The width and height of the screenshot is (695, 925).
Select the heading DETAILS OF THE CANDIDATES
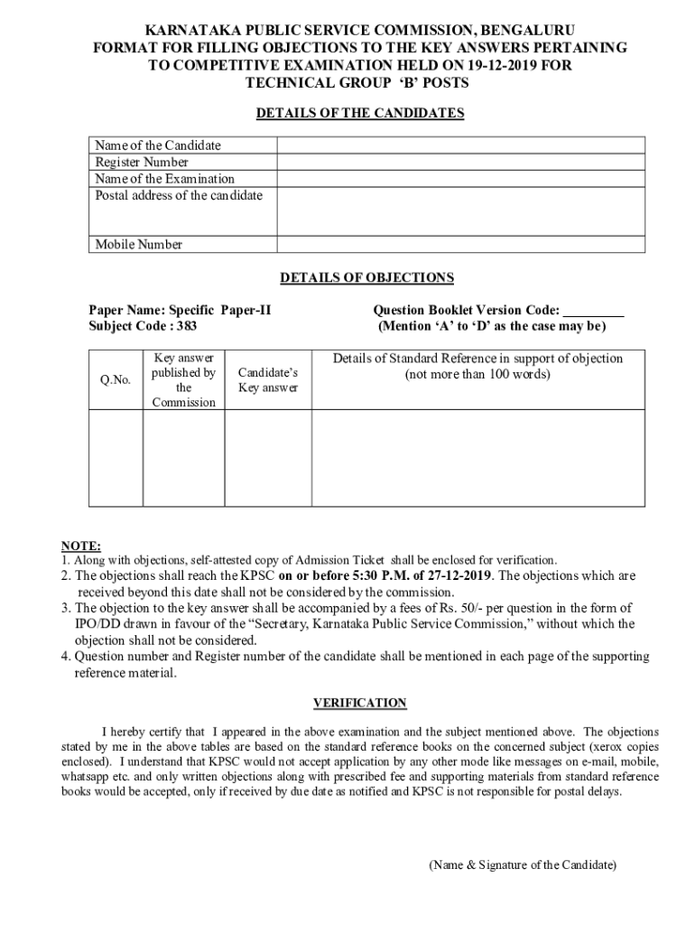(360, 113)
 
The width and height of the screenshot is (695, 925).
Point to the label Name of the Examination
(165, 179)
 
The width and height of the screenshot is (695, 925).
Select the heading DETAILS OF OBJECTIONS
(366, 278)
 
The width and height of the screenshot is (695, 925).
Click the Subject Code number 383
(186, 325)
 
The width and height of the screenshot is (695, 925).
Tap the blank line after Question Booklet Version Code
(593, 310)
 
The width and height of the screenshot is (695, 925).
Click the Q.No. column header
(116, 380)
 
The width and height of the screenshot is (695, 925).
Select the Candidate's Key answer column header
(267, 380)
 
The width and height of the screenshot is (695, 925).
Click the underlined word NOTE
(80, 546)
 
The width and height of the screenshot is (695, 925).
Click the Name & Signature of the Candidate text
(523, 864)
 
